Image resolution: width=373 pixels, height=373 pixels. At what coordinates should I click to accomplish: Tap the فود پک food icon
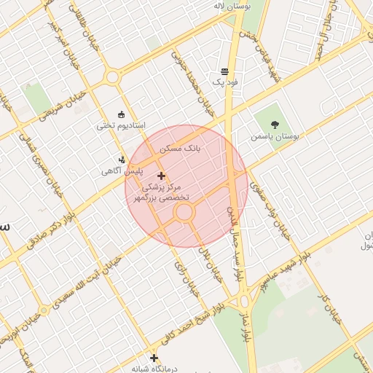[224, 72]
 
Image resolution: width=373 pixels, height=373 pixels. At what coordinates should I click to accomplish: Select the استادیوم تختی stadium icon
[121, 114]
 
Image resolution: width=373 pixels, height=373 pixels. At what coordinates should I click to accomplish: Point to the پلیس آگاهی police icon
[122, 160]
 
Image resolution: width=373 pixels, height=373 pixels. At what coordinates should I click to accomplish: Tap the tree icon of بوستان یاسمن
[275, 125]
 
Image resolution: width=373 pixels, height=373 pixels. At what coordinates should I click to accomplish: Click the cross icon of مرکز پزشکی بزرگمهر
[161, 176]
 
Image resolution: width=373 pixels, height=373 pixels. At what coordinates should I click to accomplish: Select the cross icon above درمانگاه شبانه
[154, 358]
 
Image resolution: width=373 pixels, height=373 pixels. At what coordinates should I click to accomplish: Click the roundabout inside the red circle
[184, 212]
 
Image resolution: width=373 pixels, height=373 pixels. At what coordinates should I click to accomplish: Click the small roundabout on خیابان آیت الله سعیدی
[44, 310]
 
